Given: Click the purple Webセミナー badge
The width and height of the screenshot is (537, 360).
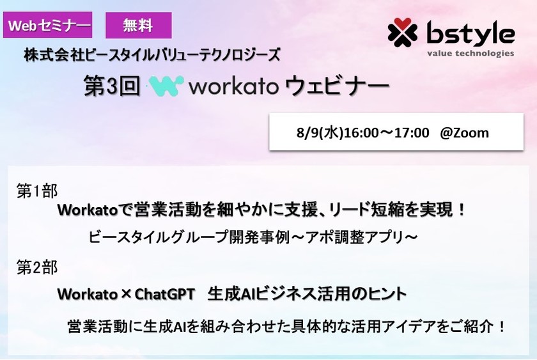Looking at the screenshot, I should [x=48, y=26].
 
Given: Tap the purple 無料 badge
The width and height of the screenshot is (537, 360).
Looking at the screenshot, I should [x=138, y=26].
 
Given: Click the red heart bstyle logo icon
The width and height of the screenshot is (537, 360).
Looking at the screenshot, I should [x=402, y=32].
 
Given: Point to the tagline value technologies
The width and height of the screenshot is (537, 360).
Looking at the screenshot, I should [x=471, y=54].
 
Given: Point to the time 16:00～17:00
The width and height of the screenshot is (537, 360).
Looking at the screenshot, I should [x=387, y=133].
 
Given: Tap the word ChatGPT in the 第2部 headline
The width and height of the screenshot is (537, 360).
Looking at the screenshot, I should [x=164, y=294].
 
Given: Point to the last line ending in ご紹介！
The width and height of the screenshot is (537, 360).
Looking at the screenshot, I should [x=288, y=326].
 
